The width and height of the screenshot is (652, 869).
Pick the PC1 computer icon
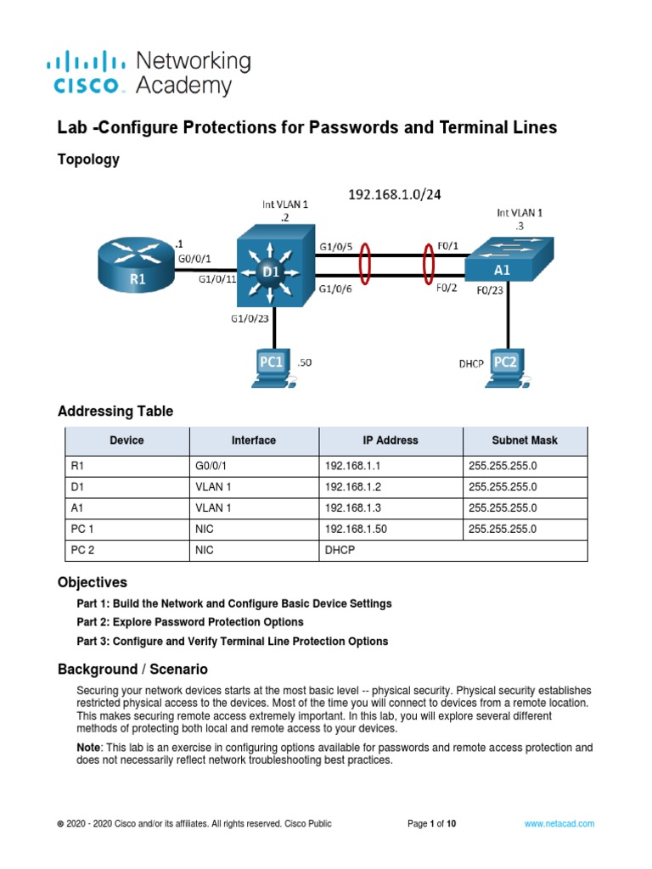click(x=273, y=367)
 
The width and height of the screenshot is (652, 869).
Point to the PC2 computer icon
click(x=506, y=367)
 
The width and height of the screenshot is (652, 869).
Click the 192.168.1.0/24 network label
click(x=395, y=194)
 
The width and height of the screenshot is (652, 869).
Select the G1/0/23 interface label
click(x=250, y=319)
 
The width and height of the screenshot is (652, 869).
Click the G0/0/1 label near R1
click(x=195, y=258)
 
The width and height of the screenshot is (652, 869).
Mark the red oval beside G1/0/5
click(x=366, y=264)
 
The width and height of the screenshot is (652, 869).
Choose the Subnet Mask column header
click(x=525, y=440)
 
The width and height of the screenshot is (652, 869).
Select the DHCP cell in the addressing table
click(x=340, y=551)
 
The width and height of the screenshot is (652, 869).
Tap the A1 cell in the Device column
click(x=77, y=508)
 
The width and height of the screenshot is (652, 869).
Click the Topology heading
click(x=88, y=160)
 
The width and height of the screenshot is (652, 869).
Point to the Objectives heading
click(x=93, y=582)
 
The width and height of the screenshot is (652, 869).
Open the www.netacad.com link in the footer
click(x=559, y=823)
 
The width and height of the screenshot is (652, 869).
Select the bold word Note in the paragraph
click(x=90, y=748)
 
